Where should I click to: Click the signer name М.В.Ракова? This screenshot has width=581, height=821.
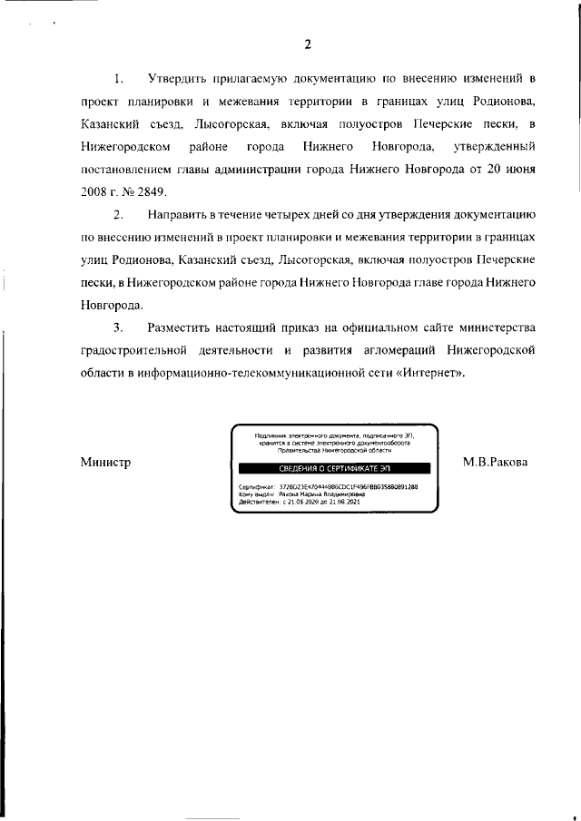(495, 463)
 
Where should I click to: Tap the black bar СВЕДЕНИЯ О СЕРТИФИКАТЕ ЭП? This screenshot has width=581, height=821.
(333, 468)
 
